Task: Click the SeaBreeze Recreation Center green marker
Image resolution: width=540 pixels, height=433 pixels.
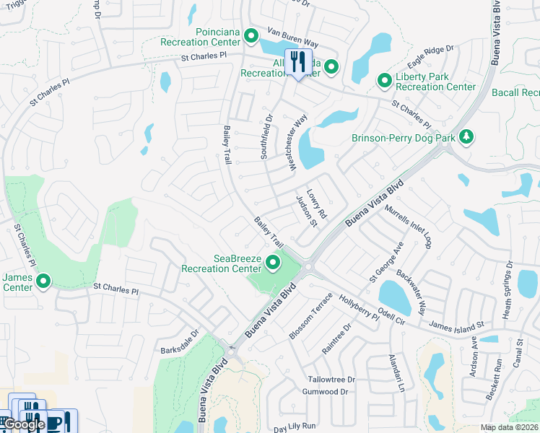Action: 273,263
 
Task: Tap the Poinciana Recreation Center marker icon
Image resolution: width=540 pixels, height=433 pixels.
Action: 251,35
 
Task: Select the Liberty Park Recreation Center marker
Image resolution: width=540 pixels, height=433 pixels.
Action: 384,82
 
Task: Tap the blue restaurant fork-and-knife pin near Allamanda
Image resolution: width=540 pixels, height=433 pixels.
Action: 298,63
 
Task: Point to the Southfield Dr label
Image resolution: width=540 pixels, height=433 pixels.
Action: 267,137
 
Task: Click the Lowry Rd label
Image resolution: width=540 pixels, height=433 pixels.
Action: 318,206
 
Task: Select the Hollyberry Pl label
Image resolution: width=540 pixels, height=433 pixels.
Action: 359,307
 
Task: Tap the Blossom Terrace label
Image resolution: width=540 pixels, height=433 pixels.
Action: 310,316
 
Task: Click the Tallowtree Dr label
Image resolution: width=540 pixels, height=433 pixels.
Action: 331,379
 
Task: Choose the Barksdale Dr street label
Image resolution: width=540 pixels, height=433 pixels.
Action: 184,338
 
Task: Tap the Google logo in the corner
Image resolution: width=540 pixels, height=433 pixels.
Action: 25,425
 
